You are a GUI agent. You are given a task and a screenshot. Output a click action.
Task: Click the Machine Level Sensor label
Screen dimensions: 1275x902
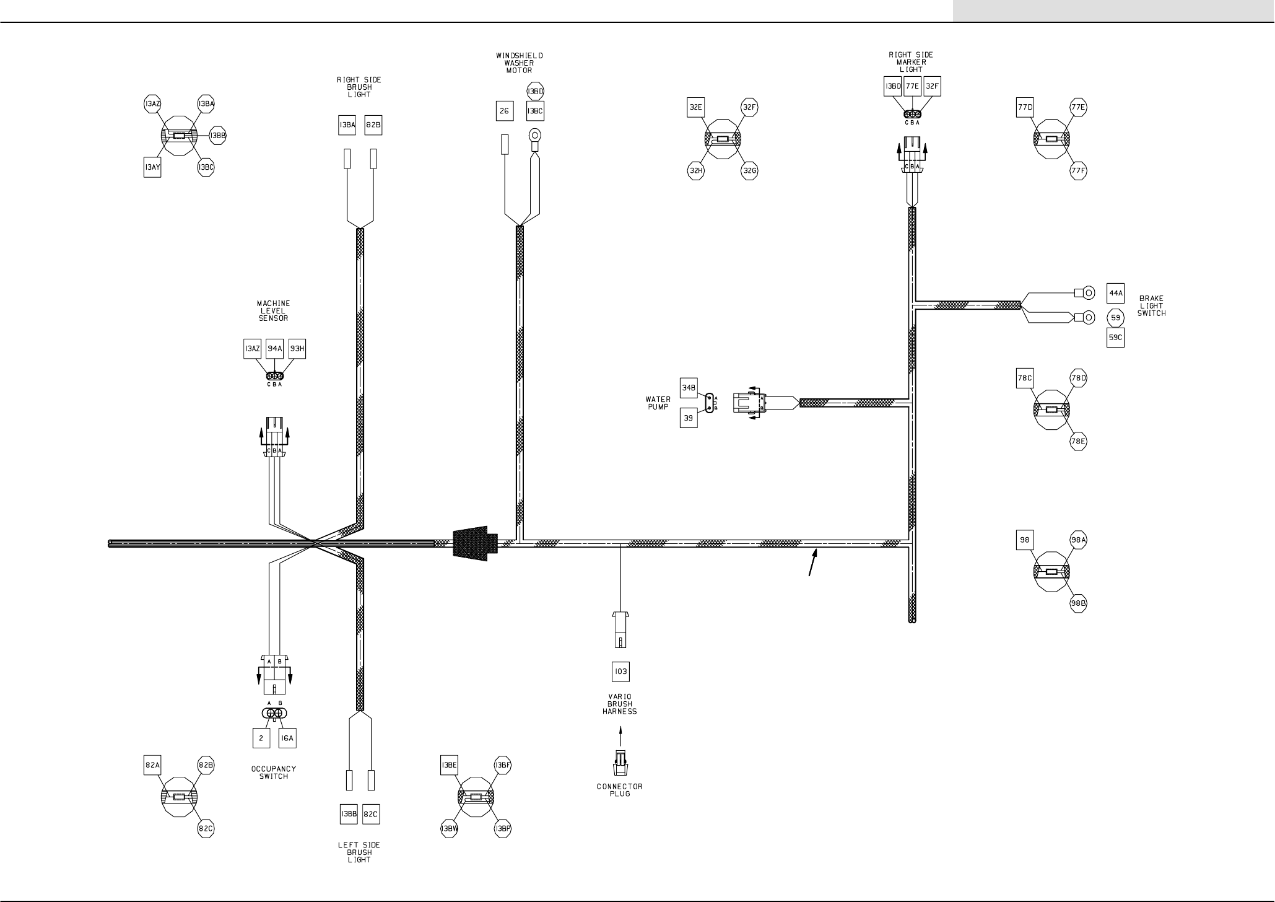coord(273,311)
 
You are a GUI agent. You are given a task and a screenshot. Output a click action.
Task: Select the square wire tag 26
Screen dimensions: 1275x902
coord(504,111)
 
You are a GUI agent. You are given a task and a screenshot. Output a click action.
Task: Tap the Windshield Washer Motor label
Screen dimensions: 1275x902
coord(520,63)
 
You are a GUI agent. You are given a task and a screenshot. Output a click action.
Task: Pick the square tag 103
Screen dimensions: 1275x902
coord(620,672)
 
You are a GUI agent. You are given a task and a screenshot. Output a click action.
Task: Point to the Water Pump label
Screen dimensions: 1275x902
coord(658,403)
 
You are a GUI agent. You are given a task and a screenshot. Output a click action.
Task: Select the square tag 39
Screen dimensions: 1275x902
coord(689,418)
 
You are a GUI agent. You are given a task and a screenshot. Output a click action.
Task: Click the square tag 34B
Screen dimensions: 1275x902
coord(689,388)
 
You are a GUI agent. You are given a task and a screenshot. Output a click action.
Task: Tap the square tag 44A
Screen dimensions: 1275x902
coord(1115,293)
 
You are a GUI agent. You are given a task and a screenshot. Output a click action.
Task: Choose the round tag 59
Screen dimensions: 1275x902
coord(1115,318)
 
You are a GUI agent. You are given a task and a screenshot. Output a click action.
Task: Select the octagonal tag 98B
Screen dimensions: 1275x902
coord(1079,603)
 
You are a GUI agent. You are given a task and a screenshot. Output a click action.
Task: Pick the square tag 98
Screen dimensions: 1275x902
coord(1025,540)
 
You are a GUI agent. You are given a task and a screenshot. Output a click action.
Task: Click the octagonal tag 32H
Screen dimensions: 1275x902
coord(696,171)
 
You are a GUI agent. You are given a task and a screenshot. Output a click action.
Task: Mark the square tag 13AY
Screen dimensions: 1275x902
coord(152,168)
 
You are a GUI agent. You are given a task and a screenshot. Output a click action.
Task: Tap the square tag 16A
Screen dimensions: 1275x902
coord(287,738)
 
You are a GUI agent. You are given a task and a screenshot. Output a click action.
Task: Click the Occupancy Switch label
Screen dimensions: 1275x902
coord(274,773)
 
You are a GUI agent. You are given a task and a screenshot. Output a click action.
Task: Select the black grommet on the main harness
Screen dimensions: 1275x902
coord(474,543)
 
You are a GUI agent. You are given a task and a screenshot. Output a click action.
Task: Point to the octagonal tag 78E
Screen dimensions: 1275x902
coord(1079,442)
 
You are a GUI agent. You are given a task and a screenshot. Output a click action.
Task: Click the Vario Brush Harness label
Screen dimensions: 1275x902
coord(620,704)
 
